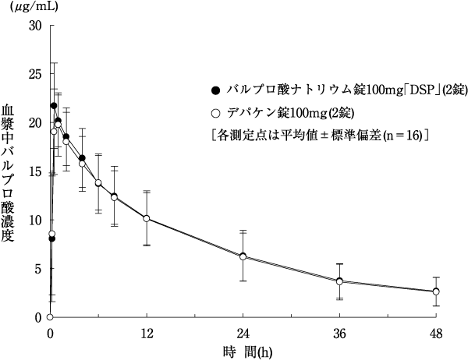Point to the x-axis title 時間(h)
243,351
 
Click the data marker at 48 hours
436,291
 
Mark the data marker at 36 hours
339,281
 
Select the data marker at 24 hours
243,256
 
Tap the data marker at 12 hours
146,218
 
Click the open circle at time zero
49,317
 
